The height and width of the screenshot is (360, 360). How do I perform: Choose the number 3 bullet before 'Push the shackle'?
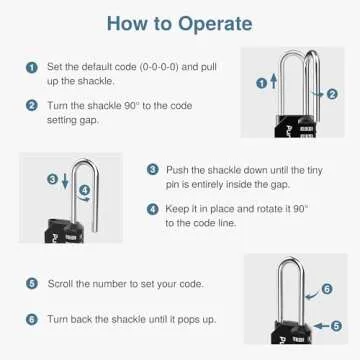(153, 171)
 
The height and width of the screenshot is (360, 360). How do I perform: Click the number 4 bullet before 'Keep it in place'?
(153, 209)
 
